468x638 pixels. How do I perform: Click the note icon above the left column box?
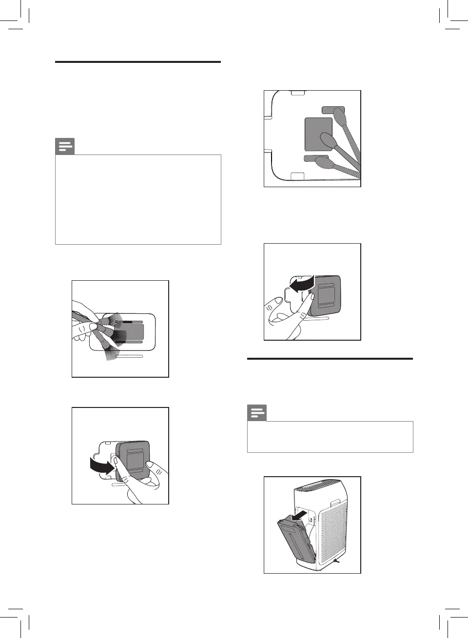(x=65, y=146)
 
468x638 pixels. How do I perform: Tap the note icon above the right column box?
(x=257, y=413)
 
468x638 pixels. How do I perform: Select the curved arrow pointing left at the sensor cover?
(x=301, y=283)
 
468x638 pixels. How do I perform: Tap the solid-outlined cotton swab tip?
(x=327, y=141)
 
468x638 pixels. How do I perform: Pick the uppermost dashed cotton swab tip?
(x=339, y=117)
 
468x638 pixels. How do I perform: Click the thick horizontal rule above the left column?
(x=138, y=62)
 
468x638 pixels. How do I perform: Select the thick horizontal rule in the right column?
(x=330, y=359)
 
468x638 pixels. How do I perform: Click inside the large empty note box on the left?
(x=138, y=199)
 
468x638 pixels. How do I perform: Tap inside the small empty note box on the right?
(x=330, y=437)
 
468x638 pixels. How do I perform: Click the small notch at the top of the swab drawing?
(x=297, y=91)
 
